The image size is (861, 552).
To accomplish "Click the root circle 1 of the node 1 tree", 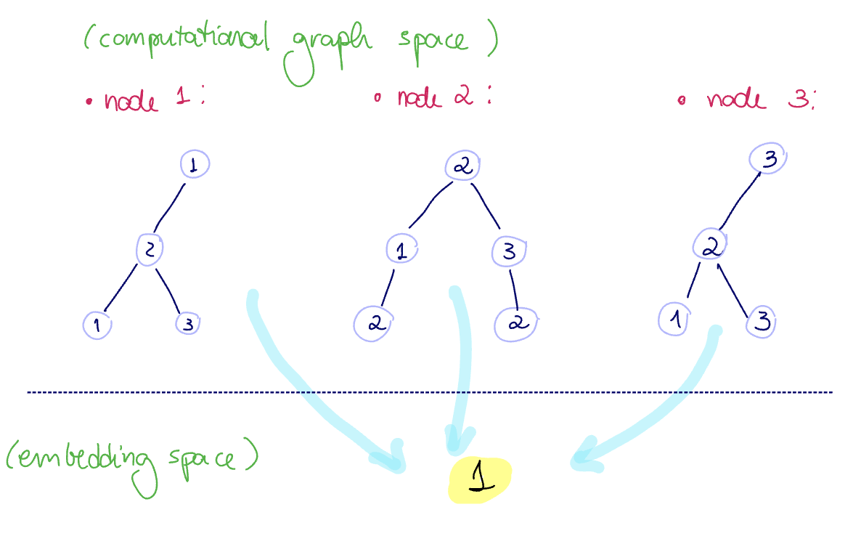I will tap(194, 164).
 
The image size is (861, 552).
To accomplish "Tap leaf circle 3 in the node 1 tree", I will tap(187, 324).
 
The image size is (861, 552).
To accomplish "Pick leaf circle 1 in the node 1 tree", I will tap(97, 325).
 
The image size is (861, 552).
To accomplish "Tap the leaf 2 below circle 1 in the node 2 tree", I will tap(375, 323).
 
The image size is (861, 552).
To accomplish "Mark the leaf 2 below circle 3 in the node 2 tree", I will tap(515, 324).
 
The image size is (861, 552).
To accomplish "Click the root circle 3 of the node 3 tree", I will tap(770, 159).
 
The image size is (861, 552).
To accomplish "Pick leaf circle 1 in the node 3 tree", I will tap(674, 320).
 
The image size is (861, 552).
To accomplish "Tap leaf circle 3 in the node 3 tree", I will tap(762, 320).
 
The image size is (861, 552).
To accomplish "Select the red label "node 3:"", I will tap(759, 100).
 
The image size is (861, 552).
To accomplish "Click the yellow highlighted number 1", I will tap(481, 480).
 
